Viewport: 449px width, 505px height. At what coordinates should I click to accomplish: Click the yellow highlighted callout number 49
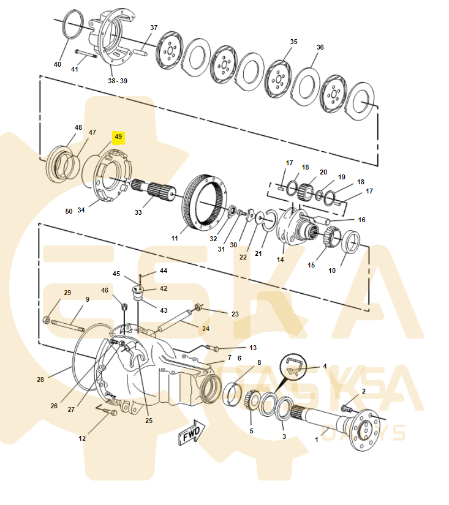[118, 137]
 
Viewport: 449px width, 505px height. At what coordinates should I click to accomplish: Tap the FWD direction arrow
[192, 434]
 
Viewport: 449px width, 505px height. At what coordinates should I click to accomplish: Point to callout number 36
[320, 48]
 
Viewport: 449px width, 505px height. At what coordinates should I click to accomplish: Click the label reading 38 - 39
[118, 81]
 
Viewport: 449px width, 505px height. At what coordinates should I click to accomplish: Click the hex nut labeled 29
[47, 320]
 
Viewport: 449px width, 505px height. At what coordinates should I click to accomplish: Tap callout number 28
[40, 380]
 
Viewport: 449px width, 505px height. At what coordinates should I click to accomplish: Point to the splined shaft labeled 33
[156, 190]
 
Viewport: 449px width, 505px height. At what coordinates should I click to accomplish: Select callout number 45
[116, 274]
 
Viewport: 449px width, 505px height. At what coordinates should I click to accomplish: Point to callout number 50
[69, 211]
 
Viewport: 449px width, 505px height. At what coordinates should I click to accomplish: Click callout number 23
[235, 313]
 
